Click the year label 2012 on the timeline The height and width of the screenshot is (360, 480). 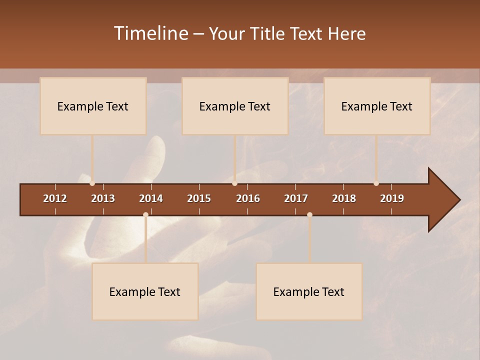[x=55, y=198]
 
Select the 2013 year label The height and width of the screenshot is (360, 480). [x=103, y=198]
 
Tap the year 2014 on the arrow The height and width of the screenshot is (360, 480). [x=151, y=198]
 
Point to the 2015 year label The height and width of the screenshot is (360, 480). [x=199, y=198]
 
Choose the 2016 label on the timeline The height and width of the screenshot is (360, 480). [x=248, y=198]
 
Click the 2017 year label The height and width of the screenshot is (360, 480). [x=296, y=198]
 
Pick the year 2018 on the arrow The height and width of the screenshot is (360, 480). [x=344, y=198]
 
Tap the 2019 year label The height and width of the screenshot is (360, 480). [x=392, y=198]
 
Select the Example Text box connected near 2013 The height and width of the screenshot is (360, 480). [x=93, y=106]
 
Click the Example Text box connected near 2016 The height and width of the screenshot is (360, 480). [x=235, y=106]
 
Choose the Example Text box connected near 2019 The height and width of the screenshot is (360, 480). [x=377, y=106]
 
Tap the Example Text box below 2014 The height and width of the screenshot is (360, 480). [x=145, y=291]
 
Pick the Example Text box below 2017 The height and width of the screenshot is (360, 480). [x=309, y=291]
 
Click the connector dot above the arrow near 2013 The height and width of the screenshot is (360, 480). [x=92, y=183]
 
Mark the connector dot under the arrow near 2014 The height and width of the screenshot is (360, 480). [x=145, y=215]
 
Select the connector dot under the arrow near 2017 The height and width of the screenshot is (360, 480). [x=309, y=215]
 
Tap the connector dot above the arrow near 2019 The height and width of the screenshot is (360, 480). [x=376, y=183]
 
